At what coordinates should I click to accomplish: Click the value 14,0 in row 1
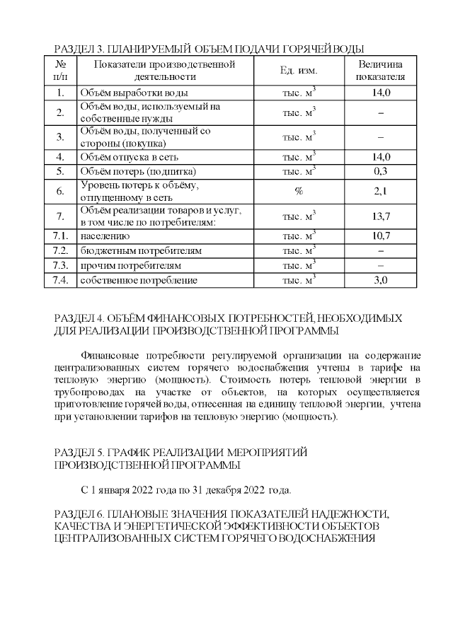[x=381, y=93]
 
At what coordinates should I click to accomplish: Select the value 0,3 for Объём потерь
[x=381, y=171]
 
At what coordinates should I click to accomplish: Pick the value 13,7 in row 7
[x=381, y=216]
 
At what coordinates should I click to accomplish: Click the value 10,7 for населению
[x=381, y=236]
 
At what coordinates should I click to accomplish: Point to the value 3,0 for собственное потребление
[x=381, y=281]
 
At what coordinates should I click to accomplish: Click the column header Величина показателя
[x=381, y=71]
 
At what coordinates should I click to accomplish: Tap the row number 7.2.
[x=60, y=251]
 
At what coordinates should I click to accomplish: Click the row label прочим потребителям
[x=132, y=266]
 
